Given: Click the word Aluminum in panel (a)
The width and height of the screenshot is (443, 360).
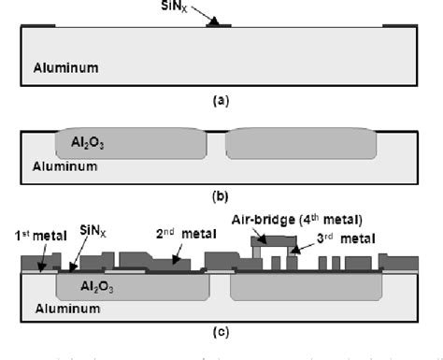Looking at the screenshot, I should pyautogui.click(x=65, y=68).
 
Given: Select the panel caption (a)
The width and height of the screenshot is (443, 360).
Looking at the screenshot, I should pyautogui.click(x=221, y=98).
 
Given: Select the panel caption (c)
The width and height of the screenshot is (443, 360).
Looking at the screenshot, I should pyautogui.click(x=221, y=328).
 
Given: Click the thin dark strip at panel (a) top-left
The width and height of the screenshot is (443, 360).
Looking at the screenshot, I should pyautogui.click(x=37, y=25).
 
